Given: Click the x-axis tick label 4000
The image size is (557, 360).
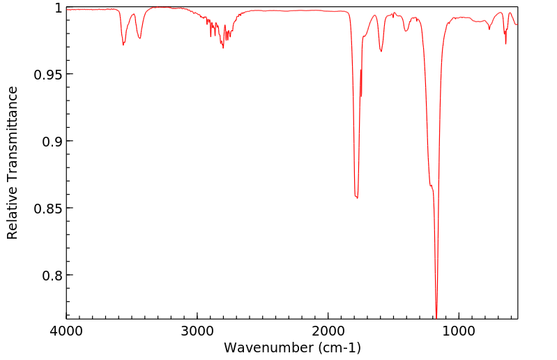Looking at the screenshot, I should pos(67,331).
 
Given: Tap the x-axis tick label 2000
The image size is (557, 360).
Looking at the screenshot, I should pos(328,331).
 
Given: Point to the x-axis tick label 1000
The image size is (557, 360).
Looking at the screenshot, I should pos(459,331).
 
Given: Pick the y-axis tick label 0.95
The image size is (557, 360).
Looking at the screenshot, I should pos(48,75).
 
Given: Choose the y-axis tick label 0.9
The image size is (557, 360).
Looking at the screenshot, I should pos(52,142).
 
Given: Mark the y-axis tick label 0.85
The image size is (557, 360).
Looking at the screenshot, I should pos(48,209).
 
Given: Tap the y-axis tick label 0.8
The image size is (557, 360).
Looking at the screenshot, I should pos(52,276).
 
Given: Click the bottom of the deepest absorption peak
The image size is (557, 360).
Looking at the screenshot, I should pos(436,317).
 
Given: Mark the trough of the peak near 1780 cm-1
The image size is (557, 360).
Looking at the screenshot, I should pos(357,198).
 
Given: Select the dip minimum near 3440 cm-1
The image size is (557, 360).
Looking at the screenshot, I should pos(140,38).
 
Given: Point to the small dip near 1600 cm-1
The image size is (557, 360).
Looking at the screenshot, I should pos(381,51).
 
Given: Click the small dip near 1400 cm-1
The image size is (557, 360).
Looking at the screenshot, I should pos(406,31).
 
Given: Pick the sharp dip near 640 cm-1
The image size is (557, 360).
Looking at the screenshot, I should pos(505,44).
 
